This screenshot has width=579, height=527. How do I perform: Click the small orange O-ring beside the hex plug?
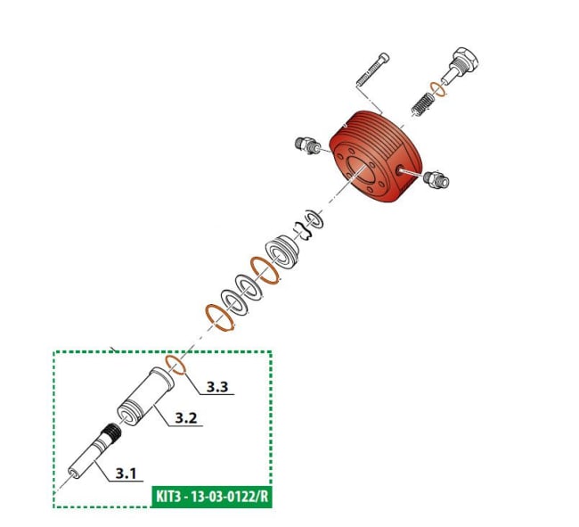438,87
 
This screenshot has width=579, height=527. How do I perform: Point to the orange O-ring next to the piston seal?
265,269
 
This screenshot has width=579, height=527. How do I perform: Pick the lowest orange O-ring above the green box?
217,317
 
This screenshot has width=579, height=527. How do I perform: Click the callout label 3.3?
218,387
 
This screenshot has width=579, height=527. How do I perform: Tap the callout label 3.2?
185,417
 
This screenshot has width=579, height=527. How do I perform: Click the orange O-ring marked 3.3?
177,366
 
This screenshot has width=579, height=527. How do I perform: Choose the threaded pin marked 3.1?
96,450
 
